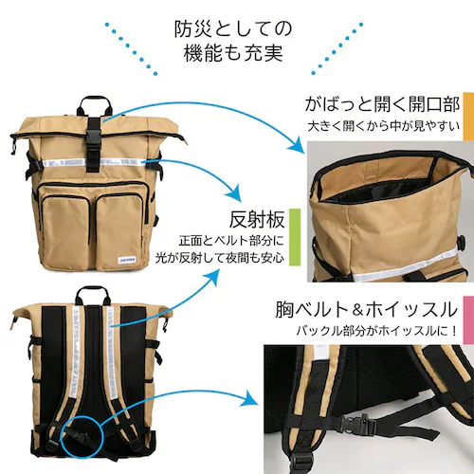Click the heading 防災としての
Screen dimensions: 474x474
pyautogui.click(x=233, y=28)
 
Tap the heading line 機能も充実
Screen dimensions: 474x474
pyautogui.click(x=233, y=53)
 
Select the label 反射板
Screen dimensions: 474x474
pyautogui.click(x=257, y=219)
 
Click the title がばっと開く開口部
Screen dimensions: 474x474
pyautogui.click(x=382, y=103)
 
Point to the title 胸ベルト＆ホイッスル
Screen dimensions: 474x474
pyautogui.click(x=366, y=309)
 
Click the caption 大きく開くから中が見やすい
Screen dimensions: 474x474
pyautogui.click(x=384, y=126)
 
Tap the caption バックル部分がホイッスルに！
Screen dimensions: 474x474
pyautogui.click(x=376, y=331)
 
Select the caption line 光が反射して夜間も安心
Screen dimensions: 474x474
pyautogui.click(x=220, y=258)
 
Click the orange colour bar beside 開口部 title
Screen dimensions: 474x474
pyautogui.click(x=468, y=117)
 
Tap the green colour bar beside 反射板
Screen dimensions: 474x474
pyautogui.click(x=295, y=237)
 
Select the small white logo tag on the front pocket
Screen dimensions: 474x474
pyautogui.click(x=126, y=259)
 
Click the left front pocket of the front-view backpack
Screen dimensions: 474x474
pyautogui.click(x=65, y=231)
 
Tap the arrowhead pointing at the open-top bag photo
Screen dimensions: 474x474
pyautogui.click(x=297, y=145)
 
